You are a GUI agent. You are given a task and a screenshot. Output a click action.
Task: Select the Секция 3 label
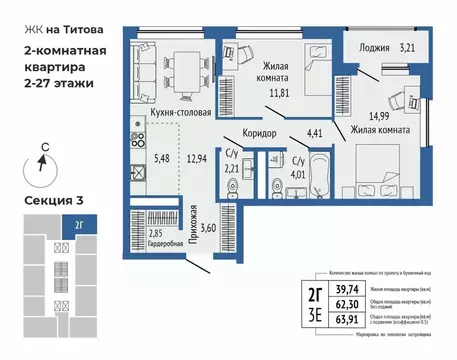[52, 201]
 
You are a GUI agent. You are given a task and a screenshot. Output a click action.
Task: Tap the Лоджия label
[375, 46]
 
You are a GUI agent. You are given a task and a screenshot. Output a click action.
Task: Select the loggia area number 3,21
[412, 46]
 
